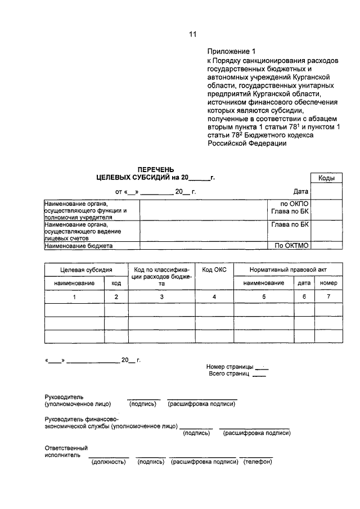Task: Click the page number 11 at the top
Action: click(x=193, y=34)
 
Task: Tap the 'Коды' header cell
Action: click(x=326, y=178)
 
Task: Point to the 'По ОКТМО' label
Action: click(x=292, y=246)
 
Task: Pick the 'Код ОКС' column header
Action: click(x=214, y=270)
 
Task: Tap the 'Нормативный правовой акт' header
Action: click(x=288, y=270)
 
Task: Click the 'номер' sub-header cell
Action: click(x=328, y=283)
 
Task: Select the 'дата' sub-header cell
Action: click(x=304, y=283)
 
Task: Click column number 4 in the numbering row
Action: click(x=214, y=296)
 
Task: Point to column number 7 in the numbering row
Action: click(x=328, y=296)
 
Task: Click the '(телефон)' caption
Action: click(x=257, y=462)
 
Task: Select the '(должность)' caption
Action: click(x=108, y=462)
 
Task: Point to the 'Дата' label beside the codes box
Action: click(x=301, y=191)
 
